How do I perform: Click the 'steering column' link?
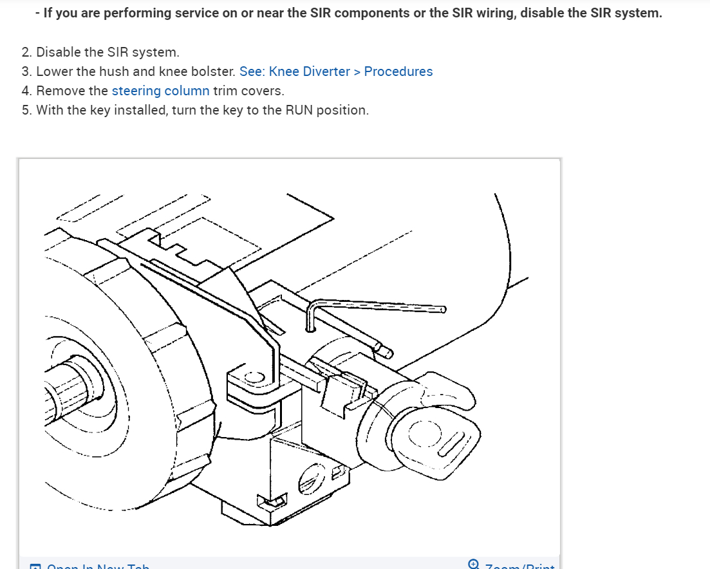pos(160,91)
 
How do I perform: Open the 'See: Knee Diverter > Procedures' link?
pos(335,71)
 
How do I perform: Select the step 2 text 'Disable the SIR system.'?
pos(107,52)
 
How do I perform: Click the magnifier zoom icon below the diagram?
pos(474,564)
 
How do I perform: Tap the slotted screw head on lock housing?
pos(308,480)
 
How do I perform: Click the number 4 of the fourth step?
pos(26,91)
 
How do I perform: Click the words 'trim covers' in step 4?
pos(248,91)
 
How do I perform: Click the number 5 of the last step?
pos(26,110)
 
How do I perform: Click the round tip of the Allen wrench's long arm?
pos(442,310)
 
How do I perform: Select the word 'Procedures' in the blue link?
pos(398,71)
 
